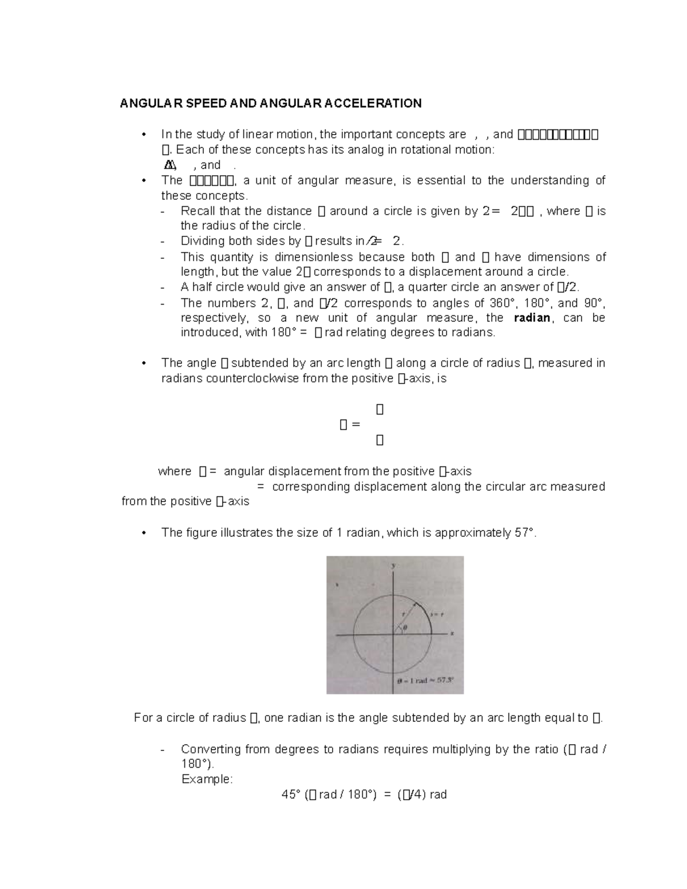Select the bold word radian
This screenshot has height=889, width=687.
[532, 318]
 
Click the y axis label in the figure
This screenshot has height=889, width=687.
[393, 565]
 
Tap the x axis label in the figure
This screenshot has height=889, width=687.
[452, 634]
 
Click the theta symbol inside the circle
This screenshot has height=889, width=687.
[405, 627]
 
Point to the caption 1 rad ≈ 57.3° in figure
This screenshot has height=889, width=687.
[425, 681]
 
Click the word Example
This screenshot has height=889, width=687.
[207, 779]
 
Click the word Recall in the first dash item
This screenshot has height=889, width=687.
[198, 211]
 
